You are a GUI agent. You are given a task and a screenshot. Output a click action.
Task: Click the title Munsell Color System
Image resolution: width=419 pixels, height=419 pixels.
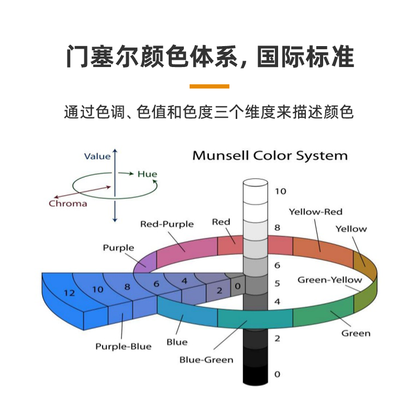(270, 156)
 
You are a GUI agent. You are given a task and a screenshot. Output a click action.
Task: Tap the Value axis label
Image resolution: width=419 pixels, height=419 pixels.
(97, 156)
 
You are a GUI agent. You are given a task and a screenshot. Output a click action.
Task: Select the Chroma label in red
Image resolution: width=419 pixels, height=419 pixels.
(68, 203)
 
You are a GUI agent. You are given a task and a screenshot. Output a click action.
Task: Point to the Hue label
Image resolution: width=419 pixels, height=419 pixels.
(147, 174)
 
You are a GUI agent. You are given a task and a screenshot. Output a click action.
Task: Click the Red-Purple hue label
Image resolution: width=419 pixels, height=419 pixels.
(167, 224)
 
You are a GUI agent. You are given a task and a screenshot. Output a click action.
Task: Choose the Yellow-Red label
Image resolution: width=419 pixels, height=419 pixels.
(315, 212)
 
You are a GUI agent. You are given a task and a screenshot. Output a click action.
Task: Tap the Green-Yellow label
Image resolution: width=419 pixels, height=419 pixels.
(329, 280)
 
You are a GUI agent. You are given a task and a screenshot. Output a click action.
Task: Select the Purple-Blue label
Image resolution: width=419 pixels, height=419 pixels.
(123, 346)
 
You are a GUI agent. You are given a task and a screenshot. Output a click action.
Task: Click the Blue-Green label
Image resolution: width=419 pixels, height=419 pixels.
(206, 360)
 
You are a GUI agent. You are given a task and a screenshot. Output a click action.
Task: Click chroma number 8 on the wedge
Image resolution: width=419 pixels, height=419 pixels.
(127, 286)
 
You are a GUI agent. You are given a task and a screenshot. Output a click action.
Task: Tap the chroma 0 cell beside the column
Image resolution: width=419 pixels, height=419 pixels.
(237, 286)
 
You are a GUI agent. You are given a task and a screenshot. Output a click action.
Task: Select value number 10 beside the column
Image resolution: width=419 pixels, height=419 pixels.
(280, 191)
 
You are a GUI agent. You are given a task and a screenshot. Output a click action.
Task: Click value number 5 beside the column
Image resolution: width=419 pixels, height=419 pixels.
(277, 284)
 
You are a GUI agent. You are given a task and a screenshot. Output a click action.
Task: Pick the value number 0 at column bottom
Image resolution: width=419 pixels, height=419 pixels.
(277, 374)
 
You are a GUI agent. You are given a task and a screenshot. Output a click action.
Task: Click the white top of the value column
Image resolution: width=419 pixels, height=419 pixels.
(256, 184)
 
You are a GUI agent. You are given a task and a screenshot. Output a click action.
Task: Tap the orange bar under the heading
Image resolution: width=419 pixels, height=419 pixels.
(209, 86)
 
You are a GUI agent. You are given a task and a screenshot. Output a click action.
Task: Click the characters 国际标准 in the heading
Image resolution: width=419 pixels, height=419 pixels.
(305, 56)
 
